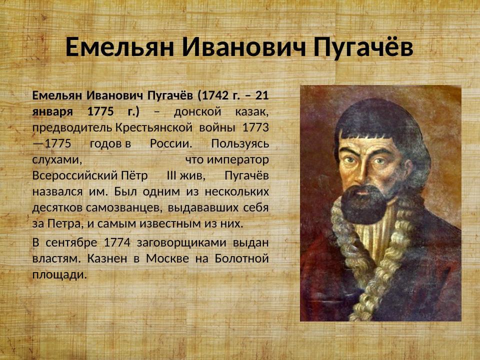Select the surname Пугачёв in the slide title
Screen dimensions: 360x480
tap(364, 48)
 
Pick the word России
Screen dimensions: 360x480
tap(170, 143)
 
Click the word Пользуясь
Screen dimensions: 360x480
tap(240, 143)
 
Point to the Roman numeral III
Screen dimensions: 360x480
tap(170, 176)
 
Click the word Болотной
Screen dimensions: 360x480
tap(242, 259)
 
